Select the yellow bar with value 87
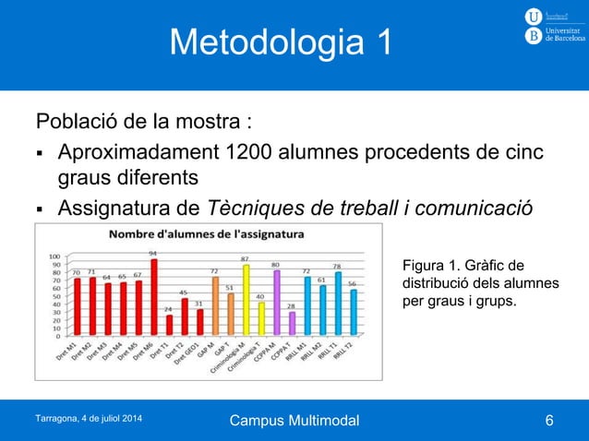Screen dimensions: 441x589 (246, 300)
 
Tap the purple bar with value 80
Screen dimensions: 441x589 (276, 303)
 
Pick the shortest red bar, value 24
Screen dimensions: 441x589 (168, 325)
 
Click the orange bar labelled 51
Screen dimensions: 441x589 (230, 314)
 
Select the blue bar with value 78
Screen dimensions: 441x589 (337, 304)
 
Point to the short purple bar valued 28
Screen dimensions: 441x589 (291, 323)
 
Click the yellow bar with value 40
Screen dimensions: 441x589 (260, 318)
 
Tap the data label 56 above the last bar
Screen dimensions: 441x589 (353, 284)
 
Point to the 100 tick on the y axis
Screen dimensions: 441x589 (54, 256)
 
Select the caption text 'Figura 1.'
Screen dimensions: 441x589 (429, 267)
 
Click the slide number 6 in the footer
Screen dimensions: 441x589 (550, 422)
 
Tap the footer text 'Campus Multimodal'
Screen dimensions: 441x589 (294, 422)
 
